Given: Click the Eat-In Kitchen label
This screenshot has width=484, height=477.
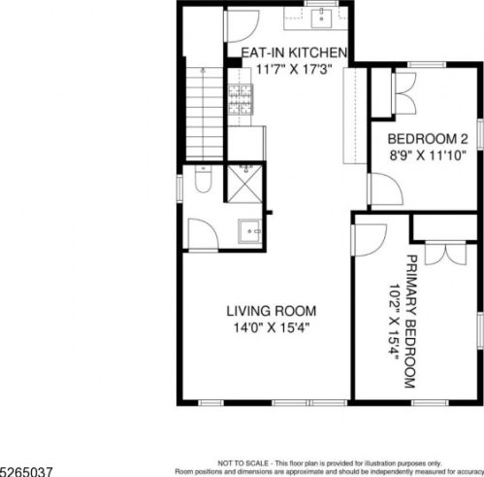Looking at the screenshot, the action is pos(294,52).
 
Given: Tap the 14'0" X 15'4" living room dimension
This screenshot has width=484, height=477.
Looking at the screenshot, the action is pos(272,328).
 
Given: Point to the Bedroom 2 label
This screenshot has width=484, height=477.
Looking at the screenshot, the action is pos(428,139).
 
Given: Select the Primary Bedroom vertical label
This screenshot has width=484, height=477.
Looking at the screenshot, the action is pos(411,322).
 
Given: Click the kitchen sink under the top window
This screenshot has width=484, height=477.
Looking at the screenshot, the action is pos(322,18).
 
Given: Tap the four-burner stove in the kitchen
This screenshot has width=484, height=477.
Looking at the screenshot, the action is pos(241,99).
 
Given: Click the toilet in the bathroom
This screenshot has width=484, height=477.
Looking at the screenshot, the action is pos(203,180).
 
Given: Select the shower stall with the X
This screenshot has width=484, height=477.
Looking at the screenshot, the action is pos(244,185).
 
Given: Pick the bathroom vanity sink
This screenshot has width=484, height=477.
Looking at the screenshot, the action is pos(250,231).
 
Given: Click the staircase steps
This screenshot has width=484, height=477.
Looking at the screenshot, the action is pos(205,114).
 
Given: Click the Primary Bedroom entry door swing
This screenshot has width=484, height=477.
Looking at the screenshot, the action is pos(371,240).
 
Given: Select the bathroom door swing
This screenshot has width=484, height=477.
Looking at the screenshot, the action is pos(204,234).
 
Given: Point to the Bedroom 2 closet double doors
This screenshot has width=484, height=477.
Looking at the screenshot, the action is pos(404,93).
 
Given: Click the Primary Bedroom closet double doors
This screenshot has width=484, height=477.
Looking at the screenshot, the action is pos(446,254).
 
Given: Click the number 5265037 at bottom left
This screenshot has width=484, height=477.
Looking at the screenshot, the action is pos(26,471).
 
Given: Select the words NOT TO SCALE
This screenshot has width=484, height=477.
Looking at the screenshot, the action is pos(242,463).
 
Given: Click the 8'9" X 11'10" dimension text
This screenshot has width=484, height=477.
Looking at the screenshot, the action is pos(428,155).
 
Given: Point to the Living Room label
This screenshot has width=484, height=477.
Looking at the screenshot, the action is pos(272,311).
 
